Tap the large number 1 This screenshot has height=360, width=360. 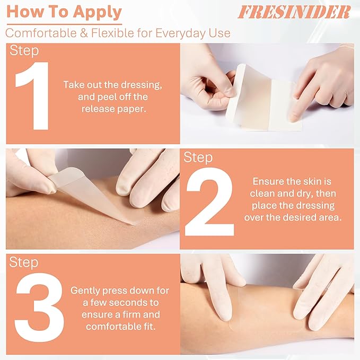[33, 96]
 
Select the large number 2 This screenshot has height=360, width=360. [209, 201]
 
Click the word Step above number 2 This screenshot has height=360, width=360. [199, 157]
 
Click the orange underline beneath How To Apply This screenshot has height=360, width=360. [64, 23]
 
